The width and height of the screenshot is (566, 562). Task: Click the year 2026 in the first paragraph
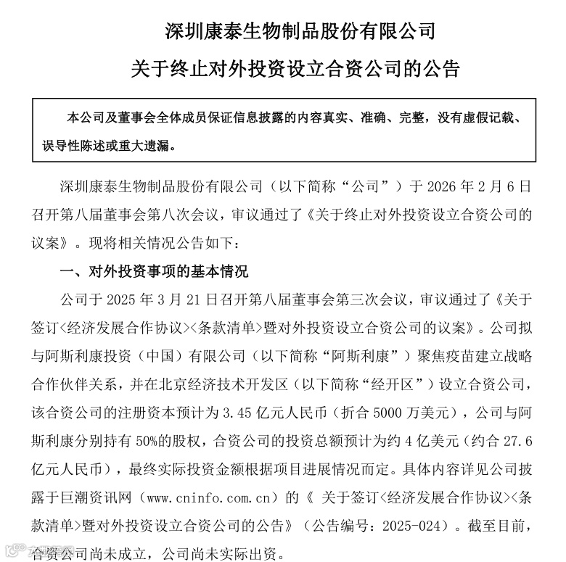pos(435,186)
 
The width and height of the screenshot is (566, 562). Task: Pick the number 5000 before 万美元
pos(401,413)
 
